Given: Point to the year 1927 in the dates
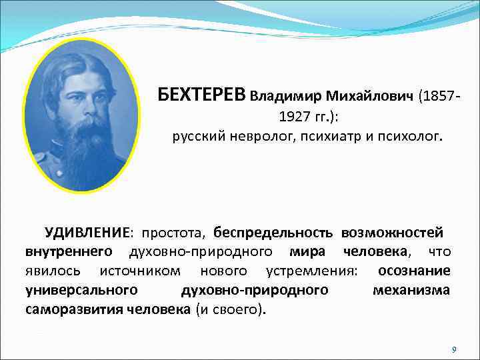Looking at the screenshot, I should [x=293, y=117].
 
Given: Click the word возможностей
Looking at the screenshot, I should [x=393, y=233].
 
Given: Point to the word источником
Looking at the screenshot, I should [x=139, y=271].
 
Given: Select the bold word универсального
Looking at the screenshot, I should [x=82, y=290].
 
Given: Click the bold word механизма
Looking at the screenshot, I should [x=411, y=290].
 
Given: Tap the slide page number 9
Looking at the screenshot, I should [x=453, y=349].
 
